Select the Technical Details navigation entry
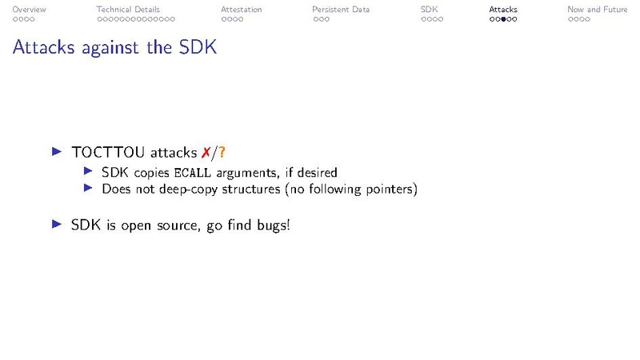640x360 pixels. point(128,10)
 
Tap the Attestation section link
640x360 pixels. point(241,10)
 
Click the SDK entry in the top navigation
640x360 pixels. point(429,10)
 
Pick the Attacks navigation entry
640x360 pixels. point(503,10)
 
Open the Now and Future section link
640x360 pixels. point(597,10)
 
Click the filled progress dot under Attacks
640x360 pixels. point(503,19)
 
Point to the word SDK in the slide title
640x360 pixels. point(198,48)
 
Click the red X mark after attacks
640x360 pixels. point(206,152)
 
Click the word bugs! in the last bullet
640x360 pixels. point(271,225)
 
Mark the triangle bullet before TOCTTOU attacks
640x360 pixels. point(56,151)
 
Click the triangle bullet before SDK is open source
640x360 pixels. point(56,224)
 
